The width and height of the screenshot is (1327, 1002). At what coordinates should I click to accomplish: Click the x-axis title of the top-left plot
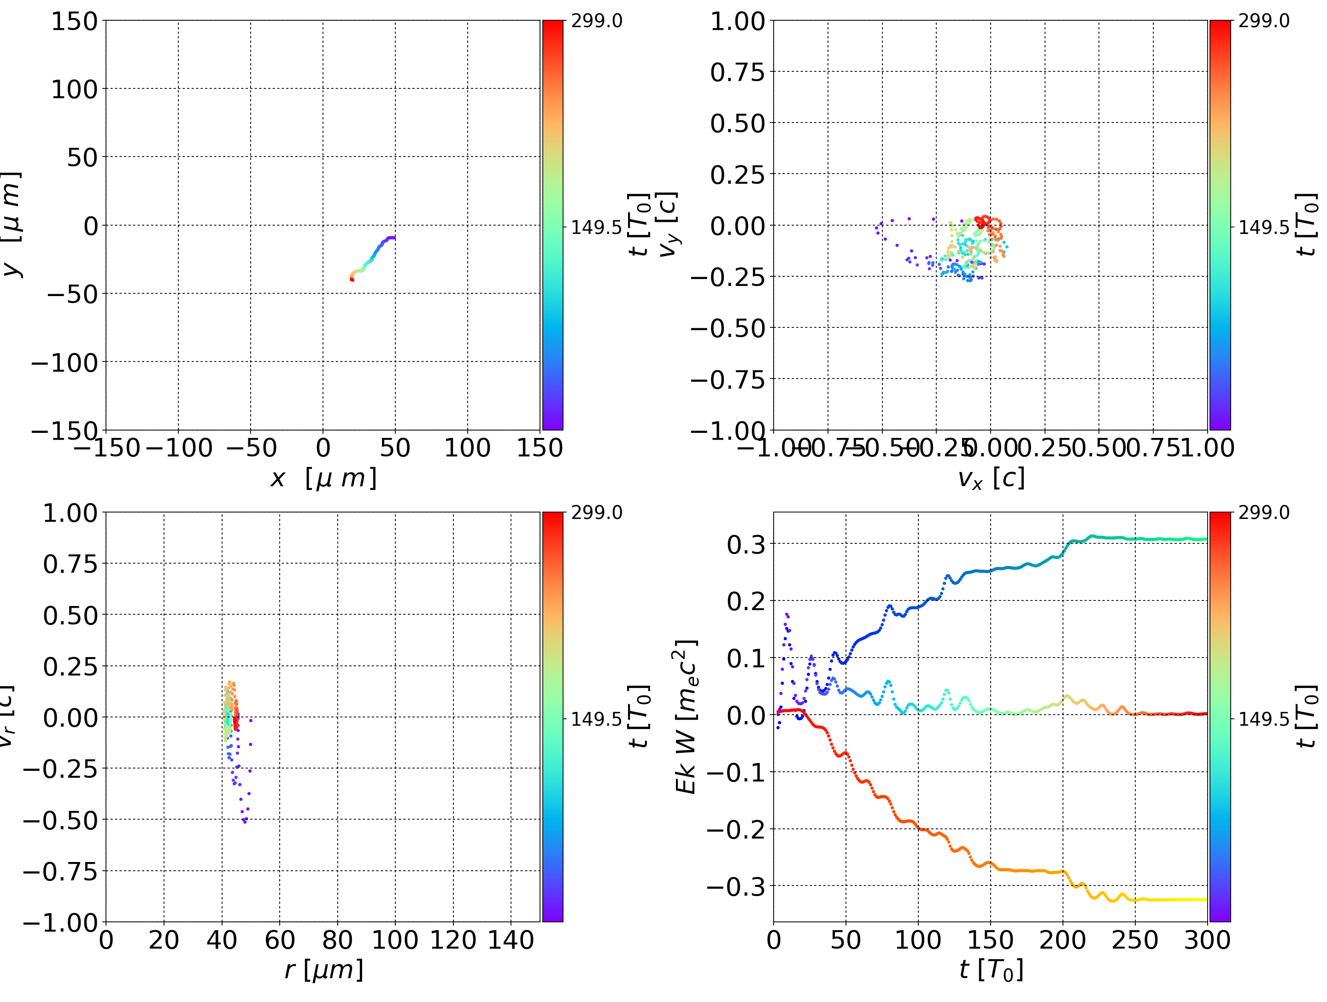323,478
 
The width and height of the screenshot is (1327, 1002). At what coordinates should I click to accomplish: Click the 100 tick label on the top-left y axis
74,89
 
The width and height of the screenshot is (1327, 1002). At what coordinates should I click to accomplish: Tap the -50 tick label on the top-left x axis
250,448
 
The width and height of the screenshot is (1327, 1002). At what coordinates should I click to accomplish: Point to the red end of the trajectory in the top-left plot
352,280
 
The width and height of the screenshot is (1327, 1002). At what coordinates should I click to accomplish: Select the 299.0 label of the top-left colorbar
596,21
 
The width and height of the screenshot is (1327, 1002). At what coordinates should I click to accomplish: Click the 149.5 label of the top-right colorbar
1263,227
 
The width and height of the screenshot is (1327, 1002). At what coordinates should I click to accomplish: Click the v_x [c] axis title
991,478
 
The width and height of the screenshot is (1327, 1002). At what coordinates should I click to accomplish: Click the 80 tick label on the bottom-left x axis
337,940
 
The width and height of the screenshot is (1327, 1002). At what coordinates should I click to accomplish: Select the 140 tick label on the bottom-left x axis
511,940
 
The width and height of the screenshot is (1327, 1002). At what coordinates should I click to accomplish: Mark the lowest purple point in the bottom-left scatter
245,821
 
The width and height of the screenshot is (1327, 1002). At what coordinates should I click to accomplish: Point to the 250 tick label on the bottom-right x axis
1135,940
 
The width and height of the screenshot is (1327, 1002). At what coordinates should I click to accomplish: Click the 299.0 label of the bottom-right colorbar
1263,513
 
